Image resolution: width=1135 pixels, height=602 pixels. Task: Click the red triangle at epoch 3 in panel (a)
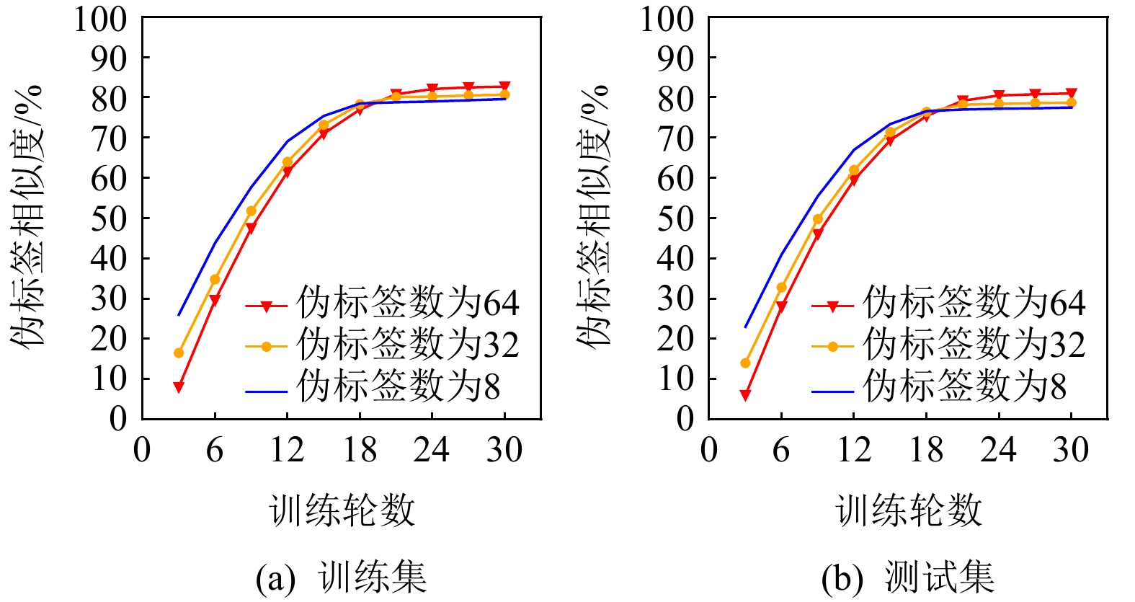pos(179,387)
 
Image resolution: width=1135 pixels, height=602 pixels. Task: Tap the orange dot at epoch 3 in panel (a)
pos(179,353)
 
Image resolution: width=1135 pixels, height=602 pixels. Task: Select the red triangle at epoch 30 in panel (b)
pos(1072,94)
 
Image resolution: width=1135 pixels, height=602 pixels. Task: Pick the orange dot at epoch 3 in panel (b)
pos(745,363)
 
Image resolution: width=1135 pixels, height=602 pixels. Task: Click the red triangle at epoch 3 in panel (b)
pos(745,395)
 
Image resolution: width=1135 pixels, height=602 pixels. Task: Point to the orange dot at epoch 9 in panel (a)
pos(251,211)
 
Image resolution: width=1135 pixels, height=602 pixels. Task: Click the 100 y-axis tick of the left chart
pos(100,19)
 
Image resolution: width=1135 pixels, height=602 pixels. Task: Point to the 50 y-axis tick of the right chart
pos(675,218)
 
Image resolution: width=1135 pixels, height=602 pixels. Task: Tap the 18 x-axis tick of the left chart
pos(360,451)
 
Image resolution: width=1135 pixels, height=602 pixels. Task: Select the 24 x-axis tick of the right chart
pos(998,451)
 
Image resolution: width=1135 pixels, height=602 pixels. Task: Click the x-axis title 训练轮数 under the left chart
pos(342,510)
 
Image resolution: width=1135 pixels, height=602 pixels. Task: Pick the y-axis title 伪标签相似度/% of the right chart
pos(594,216)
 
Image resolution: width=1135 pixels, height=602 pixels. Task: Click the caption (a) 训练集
pos(342,577)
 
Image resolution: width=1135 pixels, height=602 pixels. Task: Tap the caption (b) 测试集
pos(908,577)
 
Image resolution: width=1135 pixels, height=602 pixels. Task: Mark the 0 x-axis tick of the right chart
pos(709,451)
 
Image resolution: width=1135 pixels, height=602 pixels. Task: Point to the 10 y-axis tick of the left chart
pos(109,379)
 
